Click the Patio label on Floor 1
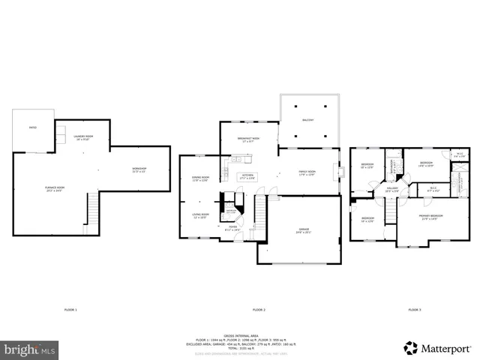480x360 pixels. pos(33,128)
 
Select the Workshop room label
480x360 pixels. pos(139,169)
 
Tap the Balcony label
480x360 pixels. pos(308,120)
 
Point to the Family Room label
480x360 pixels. pos(307,173)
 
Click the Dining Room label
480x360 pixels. pos(201,178)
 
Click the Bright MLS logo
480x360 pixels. pos(30,349)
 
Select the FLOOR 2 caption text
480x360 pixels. pos(259,310)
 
